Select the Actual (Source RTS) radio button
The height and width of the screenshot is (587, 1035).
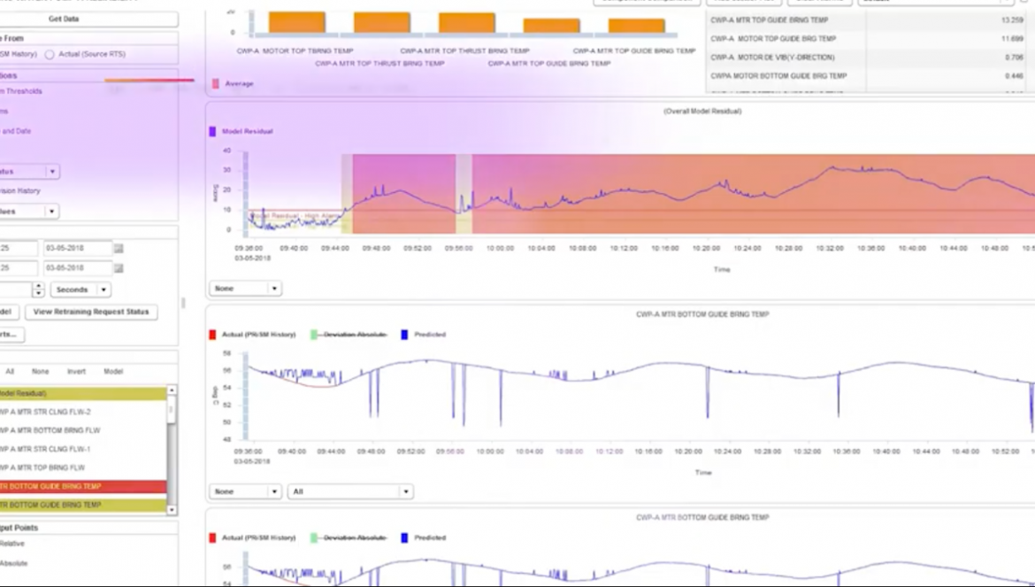coord(50,55)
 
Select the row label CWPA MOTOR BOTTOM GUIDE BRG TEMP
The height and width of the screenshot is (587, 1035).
coord(778,76)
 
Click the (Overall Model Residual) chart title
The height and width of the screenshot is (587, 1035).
coord(702,112)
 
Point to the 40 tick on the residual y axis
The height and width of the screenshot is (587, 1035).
coord(227,150)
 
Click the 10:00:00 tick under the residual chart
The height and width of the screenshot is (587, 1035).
coord(499,249)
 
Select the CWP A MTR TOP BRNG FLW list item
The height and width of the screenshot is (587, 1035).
coord(43,467)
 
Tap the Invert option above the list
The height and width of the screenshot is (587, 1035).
coord(76,372)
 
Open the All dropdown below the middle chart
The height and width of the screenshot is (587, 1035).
coord(350,491)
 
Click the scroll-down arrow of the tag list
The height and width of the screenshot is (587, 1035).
coord(172,510)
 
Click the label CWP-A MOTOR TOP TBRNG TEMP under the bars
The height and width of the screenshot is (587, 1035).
coord(295,51)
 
